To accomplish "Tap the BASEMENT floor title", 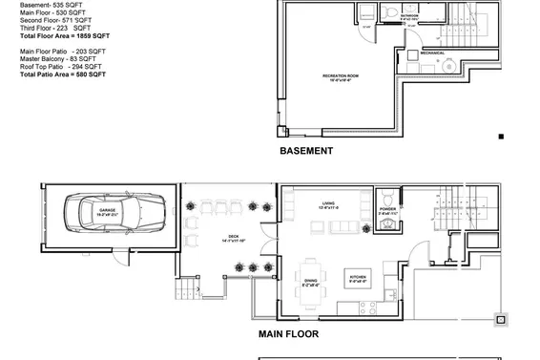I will tap(306, 151).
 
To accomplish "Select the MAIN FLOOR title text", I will tap(288, 335).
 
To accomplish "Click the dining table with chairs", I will tap(311, 271).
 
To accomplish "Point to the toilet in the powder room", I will tap(387, 222).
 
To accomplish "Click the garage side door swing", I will tap(114, 254).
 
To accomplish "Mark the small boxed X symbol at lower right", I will tap(498, 319).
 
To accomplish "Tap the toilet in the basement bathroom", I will tap(391, 11).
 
